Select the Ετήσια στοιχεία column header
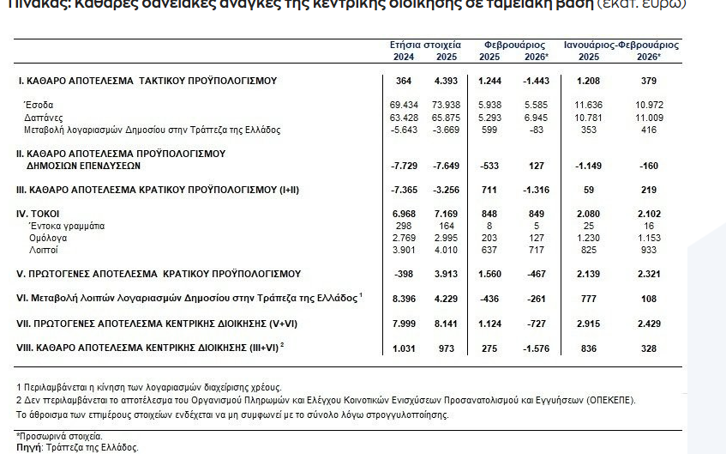click(425, 44)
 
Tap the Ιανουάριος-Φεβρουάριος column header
click(621, 44)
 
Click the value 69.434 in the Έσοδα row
click(403, 104)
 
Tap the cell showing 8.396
click(403, 299)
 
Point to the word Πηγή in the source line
click(28, 447)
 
